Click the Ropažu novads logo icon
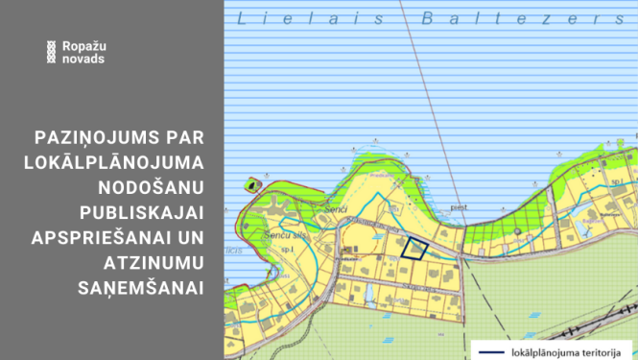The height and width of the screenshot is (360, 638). (x=49, y=52)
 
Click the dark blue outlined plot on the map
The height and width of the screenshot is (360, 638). (x=414, y=249)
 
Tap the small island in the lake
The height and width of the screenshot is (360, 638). (x=253, y=182)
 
